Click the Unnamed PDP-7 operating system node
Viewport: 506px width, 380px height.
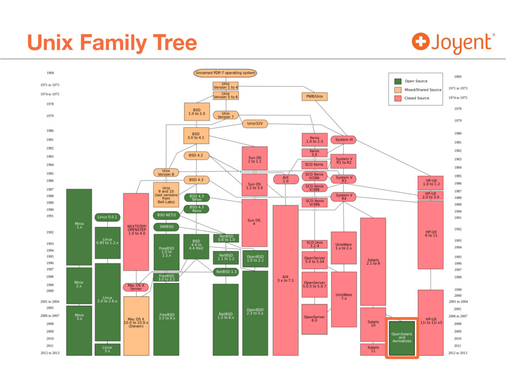click(x=225, y=73)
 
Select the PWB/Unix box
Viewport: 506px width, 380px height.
click(x=314, y=96)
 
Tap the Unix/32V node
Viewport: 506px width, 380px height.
click(x=255, y=124)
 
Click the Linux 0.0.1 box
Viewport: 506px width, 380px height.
click(x=108, y=217)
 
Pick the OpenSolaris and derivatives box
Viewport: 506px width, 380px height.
click(x=402, y=338)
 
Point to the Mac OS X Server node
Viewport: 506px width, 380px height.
click(x=136, y=287)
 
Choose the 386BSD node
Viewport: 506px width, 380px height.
click(x=166, y=227)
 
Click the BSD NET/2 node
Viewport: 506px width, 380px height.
click(x=166, y=215)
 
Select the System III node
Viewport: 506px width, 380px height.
click(x=343, y=140)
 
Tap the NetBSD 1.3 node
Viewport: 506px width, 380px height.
click(x=226, y=272)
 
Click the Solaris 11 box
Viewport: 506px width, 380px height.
click(x=373, y=349)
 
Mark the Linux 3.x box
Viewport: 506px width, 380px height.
click(x=107, y=349)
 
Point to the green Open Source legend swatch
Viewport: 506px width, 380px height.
click(x=397, y=81)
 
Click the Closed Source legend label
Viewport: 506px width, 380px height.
click(x=417, y=98)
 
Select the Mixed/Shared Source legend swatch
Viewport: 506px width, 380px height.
click(x=397, y=90)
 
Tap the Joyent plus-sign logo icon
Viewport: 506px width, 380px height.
click(x=420, y=41)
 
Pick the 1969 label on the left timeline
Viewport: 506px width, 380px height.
click(x=50, y=73)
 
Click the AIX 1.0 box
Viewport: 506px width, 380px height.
click(x=286, y=179)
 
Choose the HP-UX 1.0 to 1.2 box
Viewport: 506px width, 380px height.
click(x=430, y=183)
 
